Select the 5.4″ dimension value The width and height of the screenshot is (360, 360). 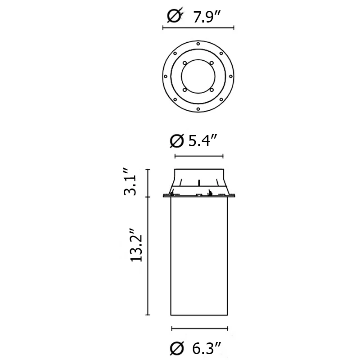point(203,141)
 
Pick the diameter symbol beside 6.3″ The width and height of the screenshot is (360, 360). point(177,347)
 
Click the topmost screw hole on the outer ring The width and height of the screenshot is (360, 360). point(198,43)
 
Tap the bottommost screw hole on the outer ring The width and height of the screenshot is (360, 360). point(198,109)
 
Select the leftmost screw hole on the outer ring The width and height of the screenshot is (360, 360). point(166,76)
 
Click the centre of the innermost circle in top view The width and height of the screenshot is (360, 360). point(198,76)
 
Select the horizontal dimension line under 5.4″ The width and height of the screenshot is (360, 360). point(198,156)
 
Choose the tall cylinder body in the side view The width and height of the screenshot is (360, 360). point(198,256)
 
